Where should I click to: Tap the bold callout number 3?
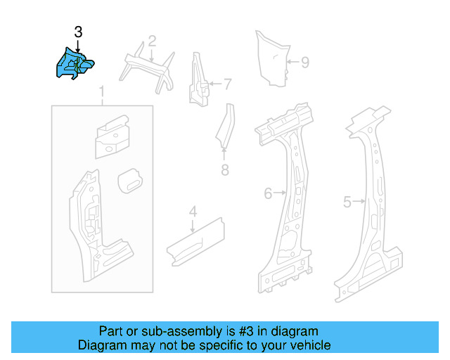click(78, 32)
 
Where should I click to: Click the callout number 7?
click(227, 85)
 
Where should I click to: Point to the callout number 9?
click(304, 63)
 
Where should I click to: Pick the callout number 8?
click(224, 169)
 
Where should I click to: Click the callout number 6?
click(268, 192)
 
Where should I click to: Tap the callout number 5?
click(347, 202)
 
